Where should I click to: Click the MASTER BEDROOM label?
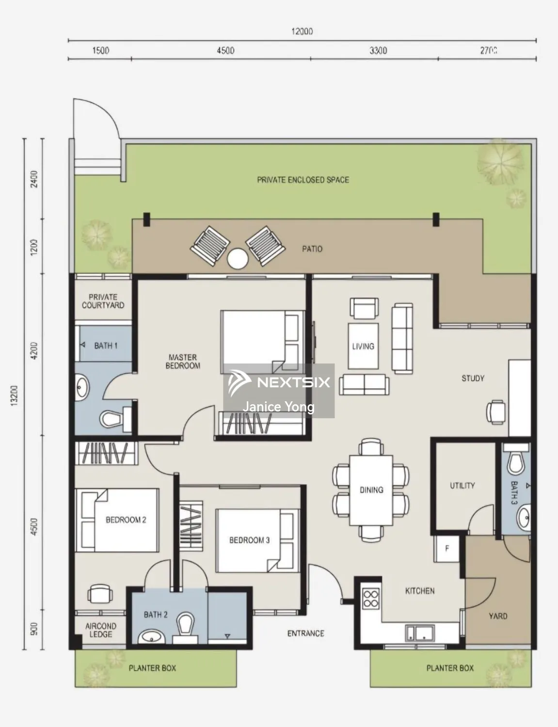point(183,362)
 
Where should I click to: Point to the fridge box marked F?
point(447,549)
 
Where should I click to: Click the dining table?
point(371,490)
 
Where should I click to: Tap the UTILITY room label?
point(462,485)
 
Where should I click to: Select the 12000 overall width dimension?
point(302,32)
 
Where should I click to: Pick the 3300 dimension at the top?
point(378,50)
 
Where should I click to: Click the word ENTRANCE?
point(305,633)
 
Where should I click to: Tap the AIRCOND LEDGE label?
point(101,630)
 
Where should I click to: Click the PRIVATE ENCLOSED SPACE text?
point(303,180)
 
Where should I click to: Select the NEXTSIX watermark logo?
point(279,382)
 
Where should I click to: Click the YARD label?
point(498,616)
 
